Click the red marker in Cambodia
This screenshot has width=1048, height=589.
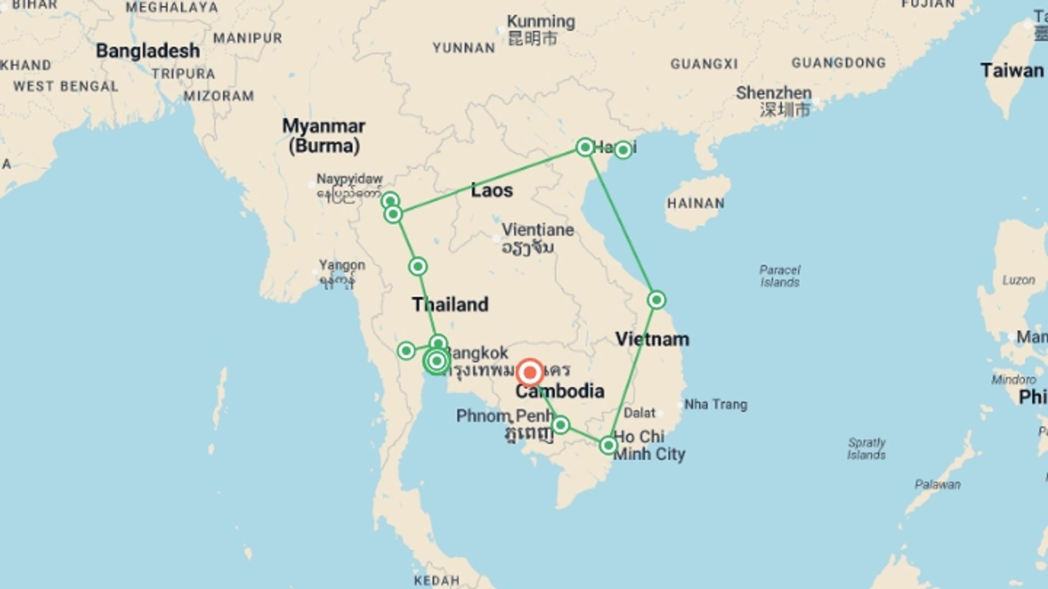529,373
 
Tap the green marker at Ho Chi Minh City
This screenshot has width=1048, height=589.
608,446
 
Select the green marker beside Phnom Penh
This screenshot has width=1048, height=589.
560,425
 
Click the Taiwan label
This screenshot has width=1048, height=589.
1011,71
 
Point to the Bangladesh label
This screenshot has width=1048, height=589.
148,51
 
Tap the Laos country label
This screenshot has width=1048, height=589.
492,190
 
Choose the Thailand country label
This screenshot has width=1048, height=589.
450,304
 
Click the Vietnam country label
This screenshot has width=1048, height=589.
652,339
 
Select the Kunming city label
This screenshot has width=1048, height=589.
540,22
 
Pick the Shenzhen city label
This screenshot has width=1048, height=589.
773,93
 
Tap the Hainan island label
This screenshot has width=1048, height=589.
695,203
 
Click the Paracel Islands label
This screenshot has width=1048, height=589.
779,276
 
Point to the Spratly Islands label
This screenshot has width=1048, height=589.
866,448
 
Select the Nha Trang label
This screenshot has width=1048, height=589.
716,405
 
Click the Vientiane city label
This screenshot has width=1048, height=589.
538,230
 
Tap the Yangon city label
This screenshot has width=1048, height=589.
342,266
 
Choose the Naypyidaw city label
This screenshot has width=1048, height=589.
349,179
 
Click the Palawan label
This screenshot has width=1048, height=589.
937,484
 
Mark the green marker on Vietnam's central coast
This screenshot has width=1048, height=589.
656,300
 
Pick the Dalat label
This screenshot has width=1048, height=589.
639,413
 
